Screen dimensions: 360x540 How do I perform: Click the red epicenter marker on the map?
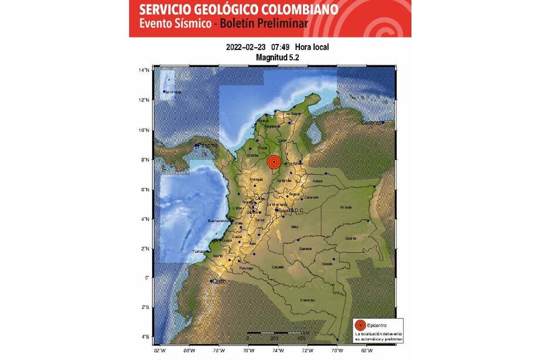(x=274, y=163)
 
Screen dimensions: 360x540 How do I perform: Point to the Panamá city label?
(x=207, y=145)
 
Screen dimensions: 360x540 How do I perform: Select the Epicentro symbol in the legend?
(x=361, y=325)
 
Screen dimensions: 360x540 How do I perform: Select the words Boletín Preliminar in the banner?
(x=272, y=25)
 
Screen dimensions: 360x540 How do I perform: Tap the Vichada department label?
(x=345, y=207)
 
